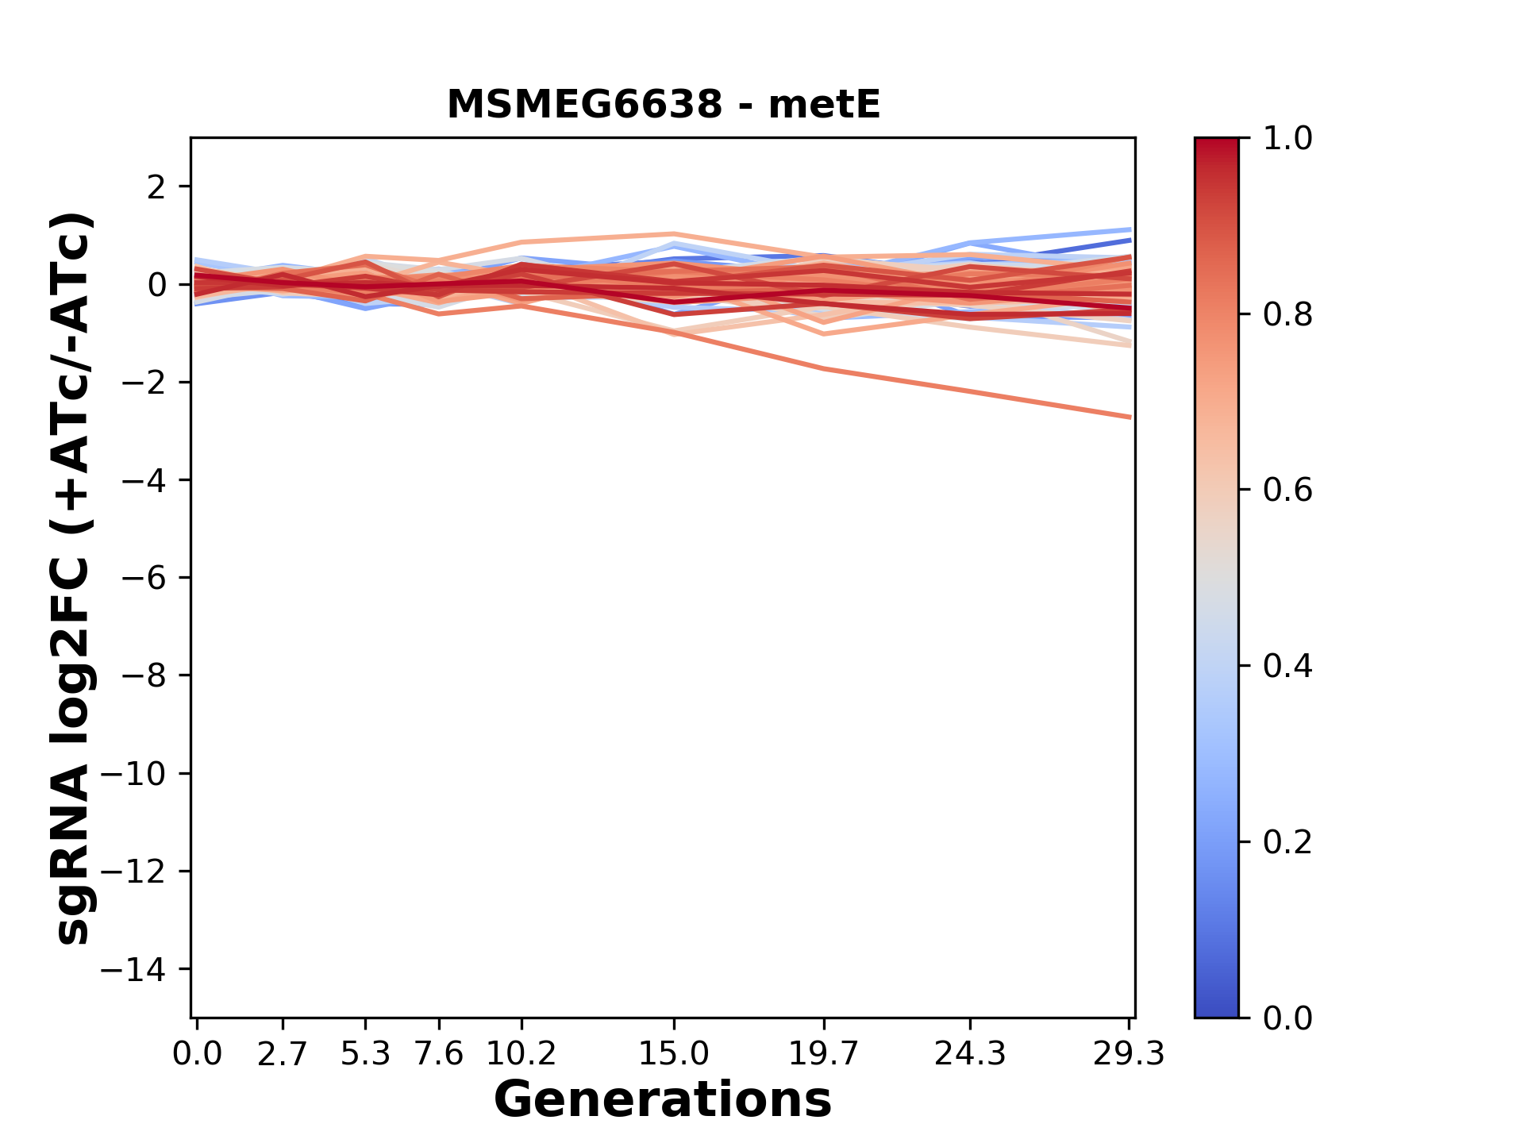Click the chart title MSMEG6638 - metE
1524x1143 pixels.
(664, 105)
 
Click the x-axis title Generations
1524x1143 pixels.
(663, 1099)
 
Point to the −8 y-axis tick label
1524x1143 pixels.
(144, 675)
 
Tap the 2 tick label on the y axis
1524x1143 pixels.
(156, 187)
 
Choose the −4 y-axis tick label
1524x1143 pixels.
(144, 480)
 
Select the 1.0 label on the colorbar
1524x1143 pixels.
(1287, 139)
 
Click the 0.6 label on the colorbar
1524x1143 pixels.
(1287, 491)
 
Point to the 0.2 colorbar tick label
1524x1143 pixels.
(1287, 842)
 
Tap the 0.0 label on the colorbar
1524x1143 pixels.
(1287, 1018)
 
